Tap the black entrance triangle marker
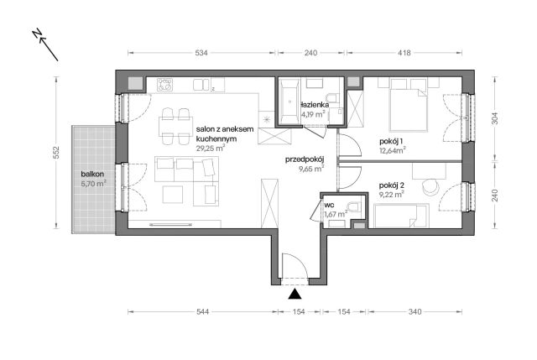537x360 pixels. click(x=295, y=295)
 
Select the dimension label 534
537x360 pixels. click(x=201, y=53)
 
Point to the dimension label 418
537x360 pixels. click(x=404, y=53)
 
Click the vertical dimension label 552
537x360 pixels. click(x=56, y=153)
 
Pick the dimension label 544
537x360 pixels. click(x=203, y=311)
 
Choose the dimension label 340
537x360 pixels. click(x=414, y=311)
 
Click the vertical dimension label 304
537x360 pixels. click(x=495, y=118)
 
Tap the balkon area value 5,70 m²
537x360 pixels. click(x=93, y=183)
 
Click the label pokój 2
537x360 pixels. click(x=392, y=185)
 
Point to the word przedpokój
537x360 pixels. click(x=305, y=159)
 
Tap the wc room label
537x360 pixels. click(x=329, y=206)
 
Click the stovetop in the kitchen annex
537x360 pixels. click(x=164, y=85)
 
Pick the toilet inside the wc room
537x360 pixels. click(x=353, y=206)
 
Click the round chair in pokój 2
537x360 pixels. click(x=430, y=187)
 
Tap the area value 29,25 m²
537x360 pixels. click(x=211, y=148)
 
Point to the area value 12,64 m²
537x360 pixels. click(x=393, y=150)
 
